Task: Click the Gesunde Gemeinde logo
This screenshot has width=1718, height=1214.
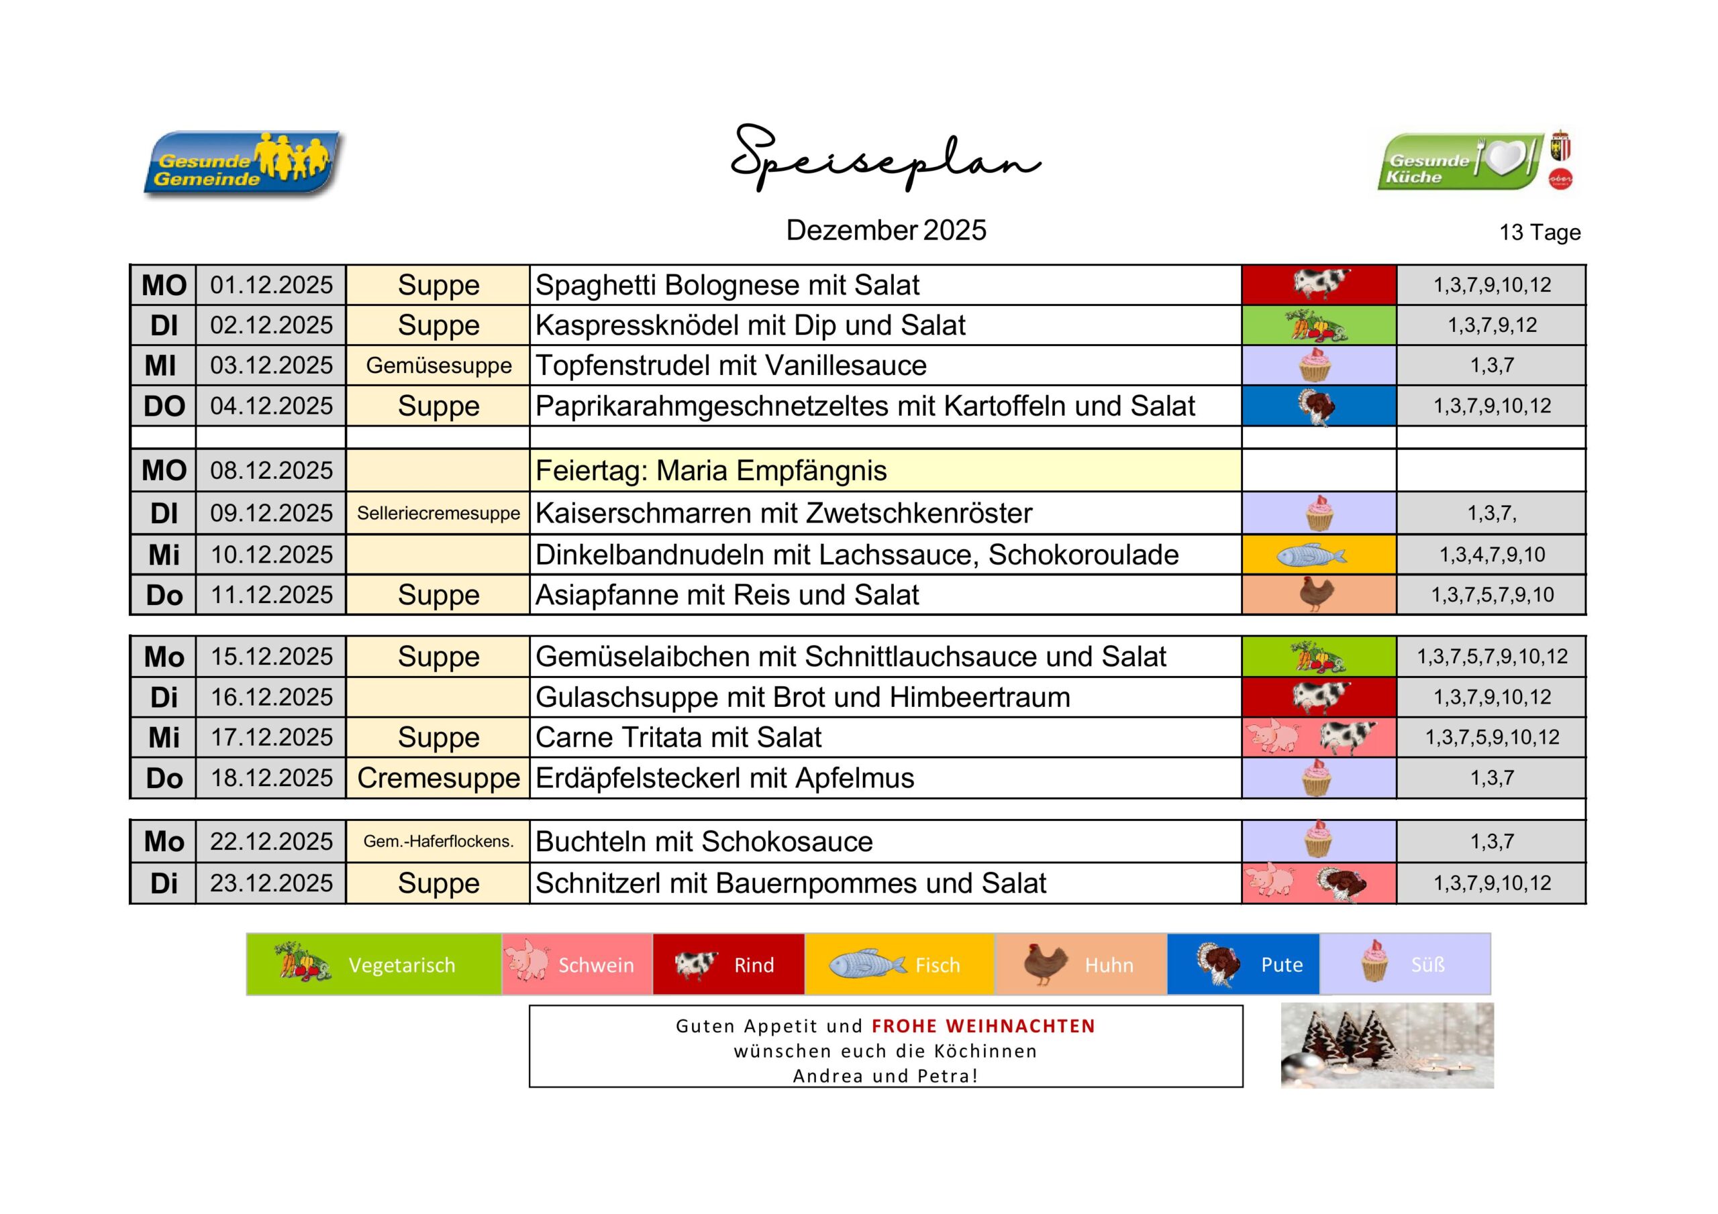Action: pyautogui.click(x=242, y=164)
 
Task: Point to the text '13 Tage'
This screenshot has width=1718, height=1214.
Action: pyautogui.click(x=1539, y=233)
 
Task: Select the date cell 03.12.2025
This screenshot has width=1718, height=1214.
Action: pyautogui.click(x=271, y=366)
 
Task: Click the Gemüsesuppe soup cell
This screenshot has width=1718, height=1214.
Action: pyautogui.click(x=438, y=366)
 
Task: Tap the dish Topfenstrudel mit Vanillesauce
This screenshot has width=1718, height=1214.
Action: pyautogui.click(x=731, y=366)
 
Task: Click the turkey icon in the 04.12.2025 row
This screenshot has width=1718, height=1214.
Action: pyautogui.click(x=1317, y=407)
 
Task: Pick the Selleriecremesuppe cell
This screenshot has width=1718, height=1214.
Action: pyautogui.click(x=438, y=513)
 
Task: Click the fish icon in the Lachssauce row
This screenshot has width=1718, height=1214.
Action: pyautogui.click(x=1311, y=555)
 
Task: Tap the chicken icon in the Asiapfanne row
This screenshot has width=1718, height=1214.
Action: pyautogui.click(x=1316, y=595)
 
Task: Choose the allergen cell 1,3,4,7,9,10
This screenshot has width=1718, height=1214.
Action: pyautogui.click(x=1492, y=555)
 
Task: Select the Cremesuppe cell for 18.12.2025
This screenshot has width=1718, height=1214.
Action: pyautogui.click(x=438, y=778)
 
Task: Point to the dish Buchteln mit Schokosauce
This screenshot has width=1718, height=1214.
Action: pyautogui.click(x=704, y=842)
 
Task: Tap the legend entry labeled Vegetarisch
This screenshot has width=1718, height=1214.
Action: pyautogui.click(x=374, y=965)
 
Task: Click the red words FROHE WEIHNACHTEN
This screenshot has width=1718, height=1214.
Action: pyautogui.click(x=983, y=1026)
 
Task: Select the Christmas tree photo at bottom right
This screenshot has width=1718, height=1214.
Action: pyautogui.click(x=1386, y=1046)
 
